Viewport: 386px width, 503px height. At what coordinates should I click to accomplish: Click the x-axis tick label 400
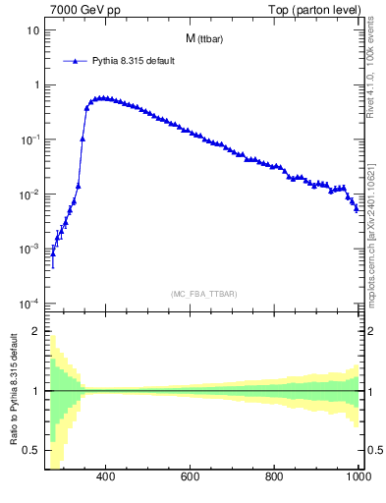(x=106, y=478)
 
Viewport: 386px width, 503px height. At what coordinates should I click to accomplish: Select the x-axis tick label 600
(x=191, y=478)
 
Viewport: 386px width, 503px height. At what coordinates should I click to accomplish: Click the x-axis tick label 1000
(x=358, y=478)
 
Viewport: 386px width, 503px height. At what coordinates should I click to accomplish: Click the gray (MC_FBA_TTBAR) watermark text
(x=203, y=294)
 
